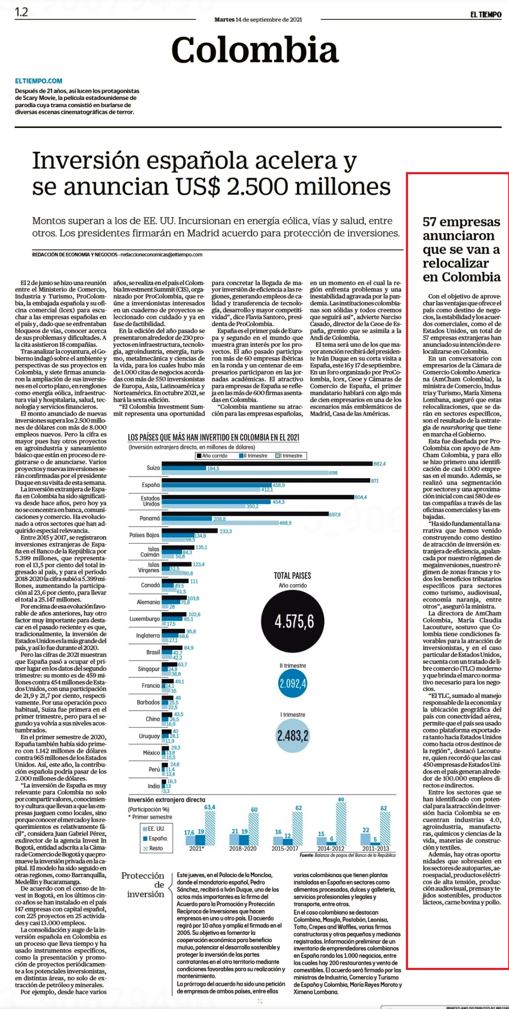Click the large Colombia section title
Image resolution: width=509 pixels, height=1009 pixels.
pos(255,50)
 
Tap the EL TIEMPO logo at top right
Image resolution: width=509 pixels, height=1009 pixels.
pos(486,14)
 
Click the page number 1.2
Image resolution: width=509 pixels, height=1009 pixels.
pos(21,12)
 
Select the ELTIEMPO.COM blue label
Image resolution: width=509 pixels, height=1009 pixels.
pos(39,81)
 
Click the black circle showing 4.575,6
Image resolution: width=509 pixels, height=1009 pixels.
pos(293,622)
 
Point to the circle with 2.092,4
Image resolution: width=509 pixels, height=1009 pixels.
pos(293,684)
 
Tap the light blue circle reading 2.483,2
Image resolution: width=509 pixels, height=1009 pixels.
pos(293,736)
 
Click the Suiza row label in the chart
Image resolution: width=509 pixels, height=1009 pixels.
pos(153,468)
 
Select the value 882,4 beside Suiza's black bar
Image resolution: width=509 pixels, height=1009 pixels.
pos(380,464)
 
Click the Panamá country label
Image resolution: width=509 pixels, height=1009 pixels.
pos(150,518)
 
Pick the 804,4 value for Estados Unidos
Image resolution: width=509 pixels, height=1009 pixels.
pos(361,497)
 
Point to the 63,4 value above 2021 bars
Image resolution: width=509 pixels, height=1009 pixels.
pos(210,807)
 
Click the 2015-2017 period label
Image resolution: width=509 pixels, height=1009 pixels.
pos(285,848)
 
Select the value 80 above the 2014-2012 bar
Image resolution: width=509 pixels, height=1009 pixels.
pos(341,799)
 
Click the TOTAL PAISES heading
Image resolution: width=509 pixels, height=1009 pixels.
pos(292,575)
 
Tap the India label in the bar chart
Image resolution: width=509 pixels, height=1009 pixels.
pos(154,786)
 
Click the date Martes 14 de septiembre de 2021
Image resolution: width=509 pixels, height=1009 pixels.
pos(258,20)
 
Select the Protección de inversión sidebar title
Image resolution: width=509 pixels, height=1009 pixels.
pos(143,884)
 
